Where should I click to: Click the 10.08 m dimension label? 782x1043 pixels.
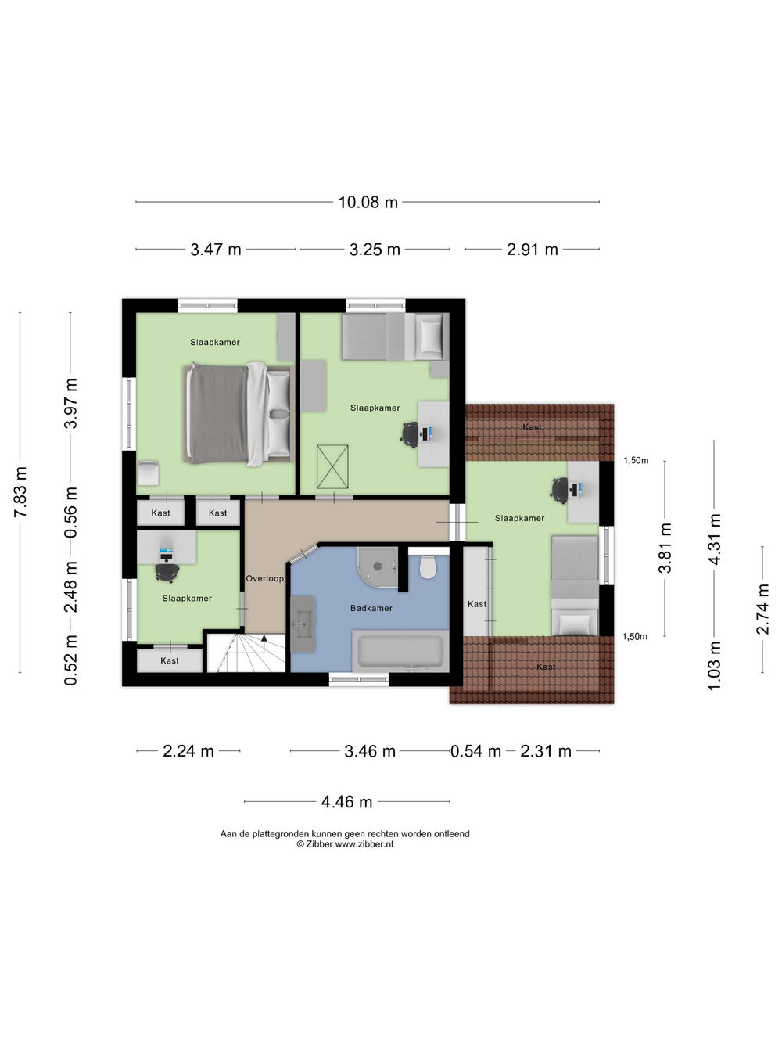[x=368, y=203]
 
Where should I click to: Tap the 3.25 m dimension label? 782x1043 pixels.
[x=375, y=250]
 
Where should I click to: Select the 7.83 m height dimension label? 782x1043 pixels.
[x=21, y=492]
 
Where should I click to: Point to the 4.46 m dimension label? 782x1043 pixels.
[x=346, y=802]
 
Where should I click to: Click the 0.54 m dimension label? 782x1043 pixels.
[x=475, y=751]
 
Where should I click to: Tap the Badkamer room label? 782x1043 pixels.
[x=371, y=608]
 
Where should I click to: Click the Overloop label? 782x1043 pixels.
[x=264, y=579]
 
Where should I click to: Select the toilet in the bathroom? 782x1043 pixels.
[x=428, y=566]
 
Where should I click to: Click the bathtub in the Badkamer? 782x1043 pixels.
[x=400, y=652]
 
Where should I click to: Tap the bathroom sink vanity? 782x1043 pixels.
[x=303, y=624]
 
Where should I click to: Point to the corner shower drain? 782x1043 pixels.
[x=378, y=566]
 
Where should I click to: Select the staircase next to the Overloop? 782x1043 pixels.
[x=246, y=652]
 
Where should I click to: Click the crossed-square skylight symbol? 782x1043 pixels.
[x=332, y=466]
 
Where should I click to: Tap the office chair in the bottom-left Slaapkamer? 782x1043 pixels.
[x=167, y=572]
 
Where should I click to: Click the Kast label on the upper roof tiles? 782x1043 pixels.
[x=532, y=427]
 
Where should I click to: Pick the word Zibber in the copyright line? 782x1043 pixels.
[x=319, y=844]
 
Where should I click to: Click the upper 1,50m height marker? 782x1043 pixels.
[x=636, y=460]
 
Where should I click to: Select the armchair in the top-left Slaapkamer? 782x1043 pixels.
[x=148, y=473]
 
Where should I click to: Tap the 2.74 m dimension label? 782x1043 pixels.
[x=762, y=609]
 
